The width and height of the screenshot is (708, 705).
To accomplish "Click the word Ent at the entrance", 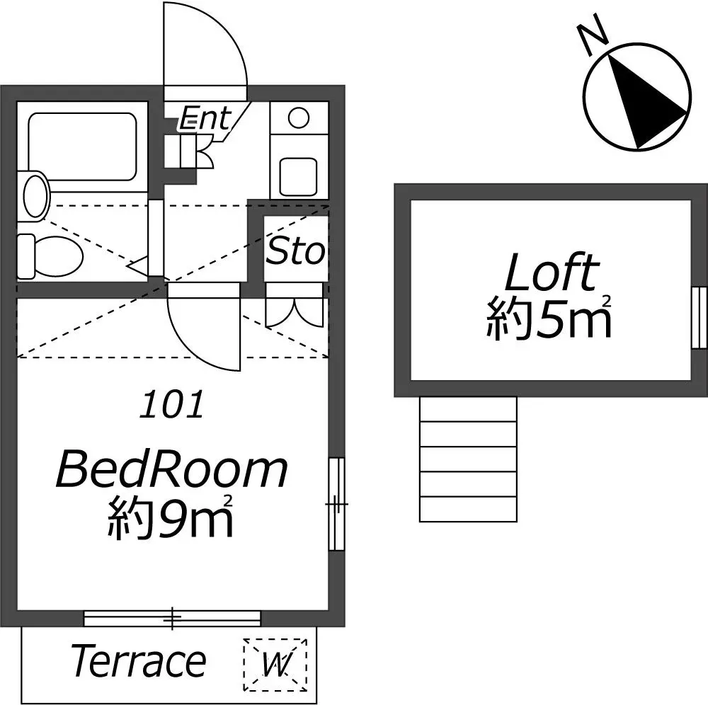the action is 205,117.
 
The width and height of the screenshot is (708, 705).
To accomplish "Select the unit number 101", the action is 171,404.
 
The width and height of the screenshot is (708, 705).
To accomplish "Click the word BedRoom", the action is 171,471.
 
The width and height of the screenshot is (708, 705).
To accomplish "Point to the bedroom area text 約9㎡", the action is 170,517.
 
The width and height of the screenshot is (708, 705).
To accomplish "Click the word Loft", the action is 552,273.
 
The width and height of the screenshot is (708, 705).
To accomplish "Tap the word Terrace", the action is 138,661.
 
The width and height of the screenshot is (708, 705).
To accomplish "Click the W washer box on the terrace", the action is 275,665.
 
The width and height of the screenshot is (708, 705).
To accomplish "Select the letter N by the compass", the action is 591,34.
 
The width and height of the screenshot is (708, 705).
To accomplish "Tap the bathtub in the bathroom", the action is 82,146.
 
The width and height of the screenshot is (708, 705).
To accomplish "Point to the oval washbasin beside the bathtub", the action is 35,196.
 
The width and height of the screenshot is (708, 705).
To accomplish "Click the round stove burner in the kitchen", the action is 299,118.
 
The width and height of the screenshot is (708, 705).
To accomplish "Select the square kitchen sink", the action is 298,176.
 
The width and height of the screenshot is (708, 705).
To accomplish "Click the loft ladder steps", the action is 468,459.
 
